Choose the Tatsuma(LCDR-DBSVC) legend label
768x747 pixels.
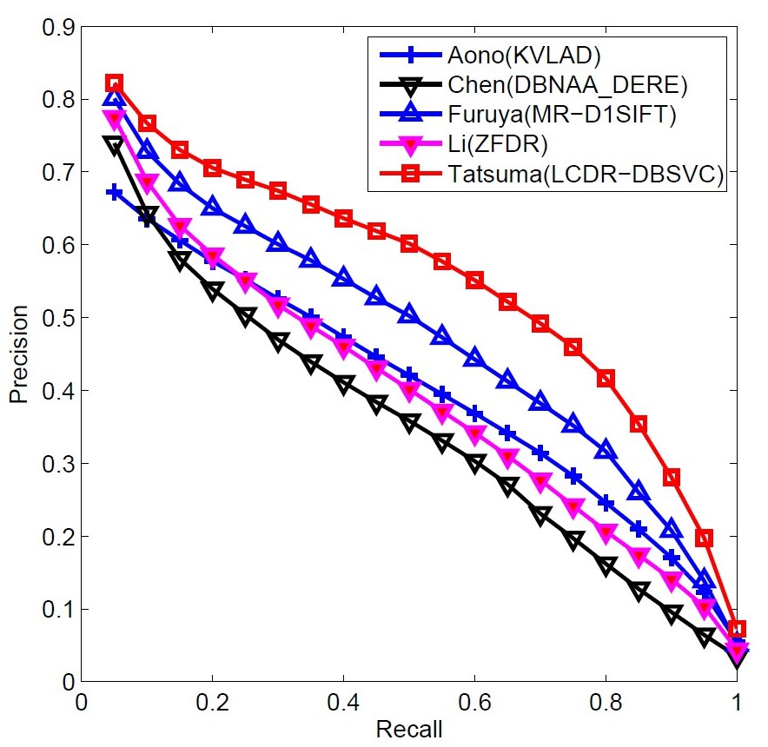(581, 175)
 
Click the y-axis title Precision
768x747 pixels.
(18, 356)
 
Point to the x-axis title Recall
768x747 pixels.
(408, 729)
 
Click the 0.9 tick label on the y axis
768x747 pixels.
(55, 27)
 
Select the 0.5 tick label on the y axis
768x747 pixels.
(55, 318)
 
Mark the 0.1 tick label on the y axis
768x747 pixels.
(55, 609)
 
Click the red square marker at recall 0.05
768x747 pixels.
(114, 83)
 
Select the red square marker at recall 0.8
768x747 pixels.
(606, 379)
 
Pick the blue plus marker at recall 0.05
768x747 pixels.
(114, 192)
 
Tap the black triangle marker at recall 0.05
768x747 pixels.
(114, 145)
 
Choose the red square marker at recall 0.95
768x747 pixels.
(704, 539)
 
